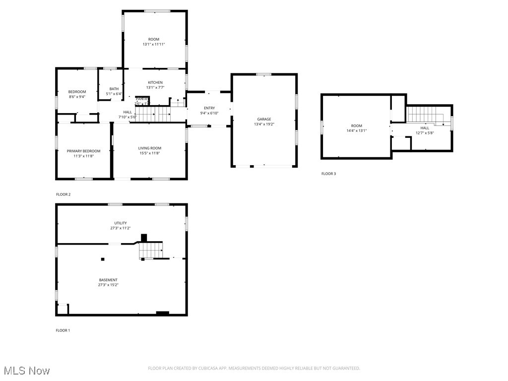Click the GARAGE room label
click(264, 119)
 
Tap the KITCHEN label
click(155, 82)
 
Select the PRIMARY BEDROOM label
click(83, 151)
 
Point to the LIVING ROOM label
click(149, 148)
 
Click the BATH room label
click(114, 89)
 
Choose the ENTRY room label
click(209, 108)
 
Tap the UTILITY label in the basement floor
click(120, 223)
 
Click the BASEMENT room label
click(108, 280)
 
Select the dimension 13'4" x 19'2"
click(264, 125)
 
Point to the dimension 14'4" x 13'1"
click(356, 131)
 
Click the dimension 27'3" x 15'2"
click(108, 285)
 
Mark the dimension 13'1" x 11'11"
click(154, 44)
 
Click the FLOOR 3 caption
click(328, 174)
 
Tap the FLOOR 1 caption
click(63, 330)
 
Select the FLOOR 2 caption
click(63, 194)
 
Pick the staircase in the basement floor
click(150, 250)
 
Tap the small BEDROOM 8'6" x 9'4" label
click(77, 92)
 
